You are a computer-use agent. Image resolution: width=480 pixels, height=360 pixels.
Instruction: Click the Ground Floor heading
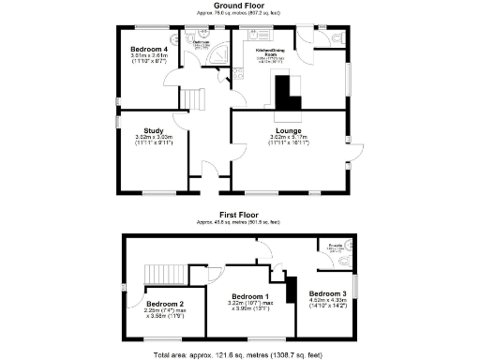(240, 6)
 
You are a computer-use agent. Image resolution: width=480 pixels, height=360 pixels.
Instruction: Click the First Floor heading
(240, 215)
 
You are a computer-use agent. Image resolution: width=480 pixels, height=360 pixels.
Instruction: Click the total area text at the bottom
(240, 354)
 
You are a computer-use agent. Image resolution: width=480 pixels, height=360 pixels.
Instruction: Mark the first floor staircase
(158, 274)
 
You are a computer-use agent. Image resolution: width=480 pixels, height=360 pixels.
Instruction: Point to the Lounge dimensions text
(288, 141)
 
